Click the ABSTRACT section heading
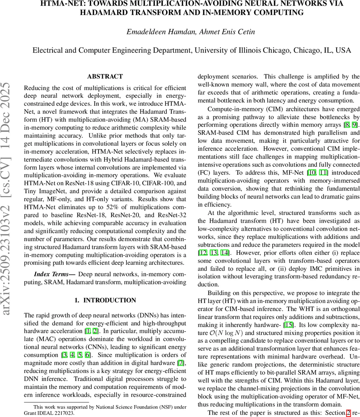click(105, 76)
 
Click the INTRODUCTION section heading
click(105, 300)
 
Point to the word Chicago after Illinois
click(276, 50)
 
